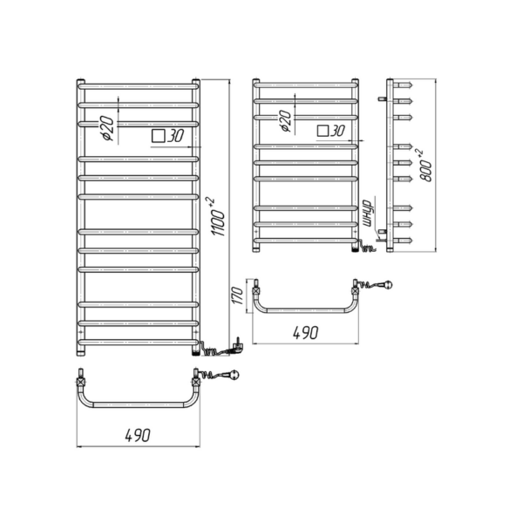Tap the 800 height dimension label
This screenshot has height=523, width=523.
click(425, 166)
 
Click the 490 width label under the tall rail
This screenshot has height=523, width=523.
click(138, 435)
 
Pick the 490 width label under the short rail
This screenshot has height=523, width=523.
click(306, 333)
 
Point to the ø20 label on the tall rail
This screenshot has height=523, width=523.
click(108, 129)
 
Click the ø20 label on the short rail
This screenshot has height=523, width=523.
click(285, 121)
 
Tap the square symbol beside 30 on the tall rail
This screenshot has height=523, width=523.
click(158, 136)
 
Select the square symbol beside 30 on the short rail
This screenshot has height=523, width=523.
click(323, 131)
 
